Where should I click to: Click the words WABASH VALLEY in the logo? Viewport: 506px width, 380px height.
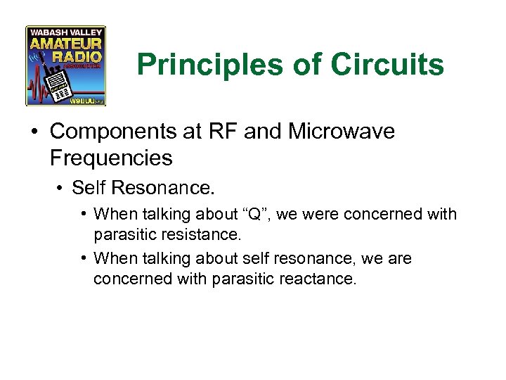[x=65, y=32]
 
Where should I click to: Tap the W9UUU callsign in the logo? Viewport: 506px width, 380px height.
[x=84, y=101]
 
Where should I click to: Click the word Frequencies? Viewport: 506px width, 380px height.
[x=111, y=158]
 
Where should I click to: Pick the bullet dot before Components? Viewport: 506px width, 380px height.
[x=35, y=132]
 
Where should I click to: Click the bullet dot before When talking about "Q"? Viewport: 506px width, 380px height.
[x=84, y=214]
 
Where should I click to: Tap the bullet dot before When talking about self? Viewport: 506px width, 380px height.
[x=84, y=259]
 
